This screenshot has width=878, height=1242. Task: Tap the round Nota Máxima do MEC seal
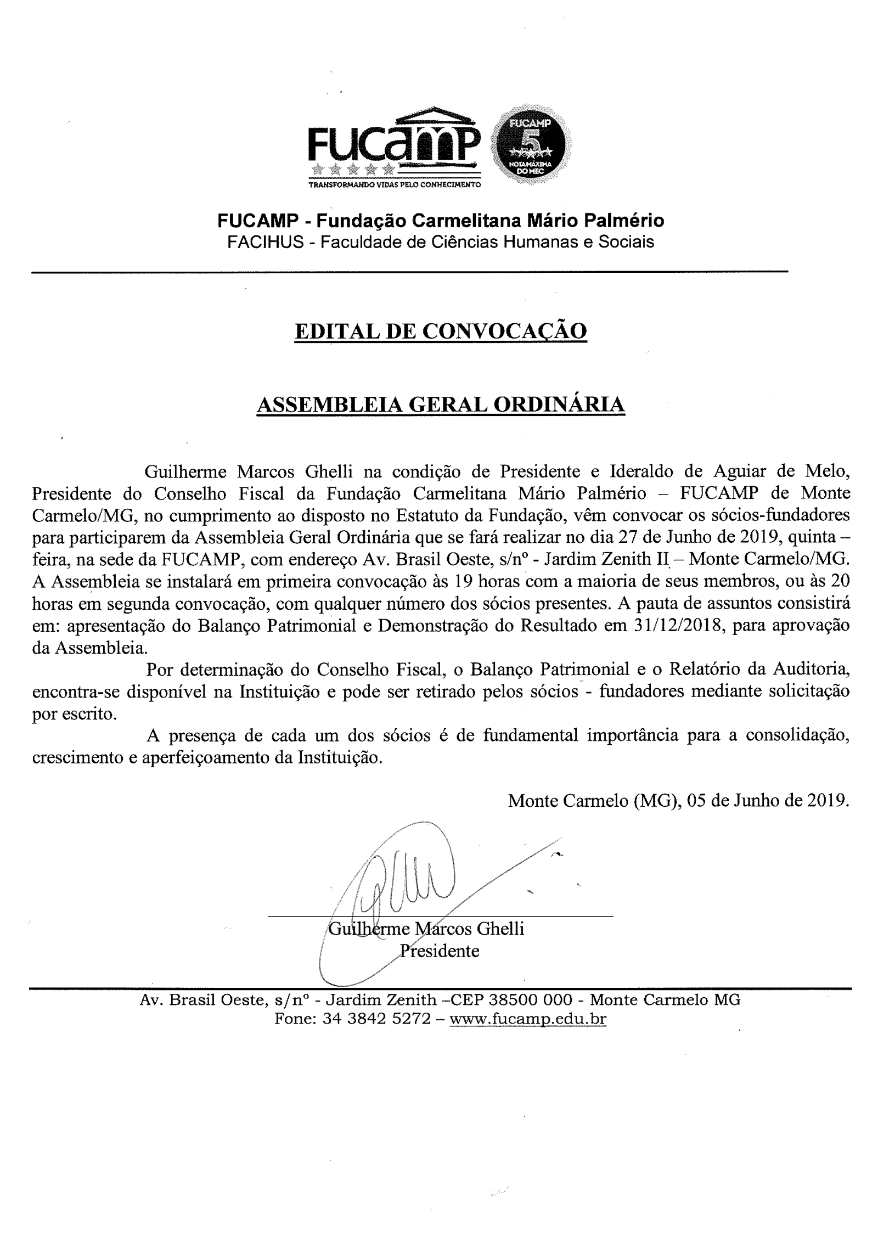531,145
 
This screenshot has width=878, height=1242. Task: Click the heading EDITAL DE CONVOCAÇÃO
441,331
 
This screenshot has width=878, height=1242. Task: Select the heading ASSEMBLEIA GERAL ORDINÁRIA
441,404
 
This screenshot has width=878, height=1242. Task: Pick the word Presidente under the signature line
439,951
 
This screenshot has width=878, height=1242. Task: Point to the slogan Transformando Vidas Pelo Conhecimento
394,185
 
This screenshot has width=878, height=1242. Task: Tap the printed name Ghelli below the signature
500,929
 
